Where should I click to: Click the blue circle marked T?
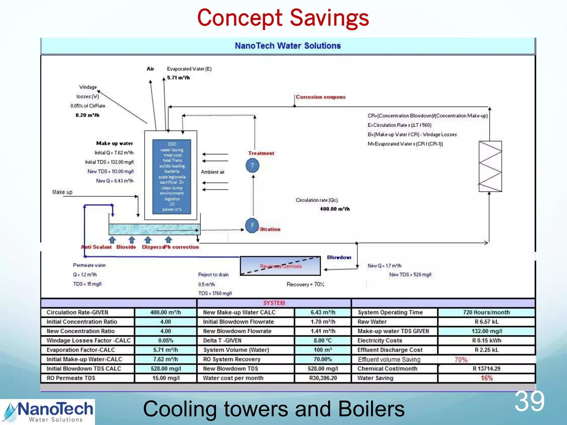pos(252,165)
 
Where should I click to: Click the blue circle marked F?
pos(252,226)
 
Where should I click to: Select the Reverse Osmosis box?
pos(280,266)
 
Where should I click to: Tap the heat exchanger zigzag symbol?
pos(490,166)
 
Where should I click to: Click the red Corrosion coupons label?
pos(321,97)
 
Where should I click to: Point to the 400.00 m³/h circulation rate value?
pos(335,209)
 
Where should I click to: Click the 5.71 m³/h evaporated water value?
pos(178,78)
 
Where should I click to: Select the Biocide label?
pos(126,247)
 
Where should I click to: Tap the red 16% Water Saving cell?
pos(486,378)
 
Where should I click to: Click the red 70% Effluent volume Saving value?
pos(461,359)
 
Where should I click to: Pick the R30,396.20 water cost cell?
pos(323,378)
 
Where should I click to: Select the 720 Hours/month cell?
pos(486,312)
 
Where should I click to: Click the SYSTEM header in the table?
pos(274,303)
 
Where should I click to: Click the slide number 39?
pos(529,401)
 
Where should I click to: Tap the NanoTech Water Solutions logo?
pos(47,412)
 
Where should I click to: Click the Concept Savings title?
pos(283,18)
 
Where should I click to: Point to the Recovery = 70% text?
pos(305,284)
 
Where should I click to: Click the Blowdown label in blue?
pos(339,257)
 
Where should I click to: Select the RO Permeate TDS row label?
pos(71,378)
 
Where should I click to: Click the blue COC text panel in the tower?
pos(172,177)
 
